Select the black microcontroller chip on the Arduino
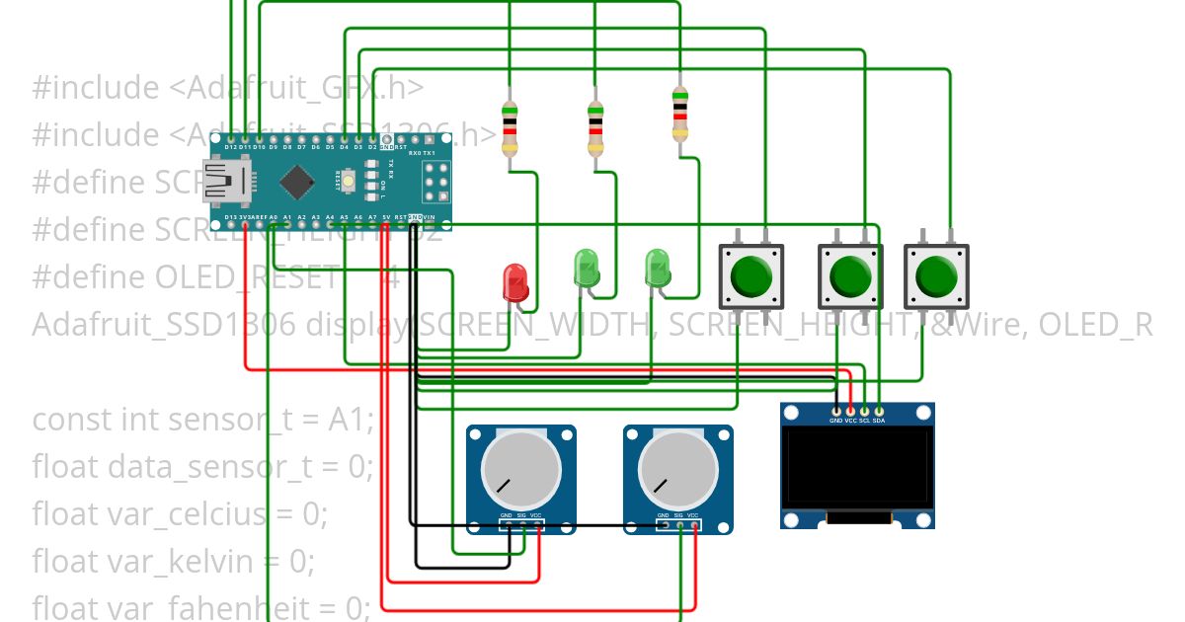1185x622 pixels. pos(296,182)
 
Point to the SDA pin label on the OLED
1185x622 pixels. pos(879,420)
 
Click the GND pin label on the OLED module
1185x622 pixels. pos(835,420)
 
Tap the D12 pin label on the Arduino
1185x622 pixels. pos(230,147)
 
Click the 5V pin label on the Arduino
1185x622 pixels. pos(386,217)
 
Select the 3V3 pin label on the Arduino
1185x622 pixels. pos(245,217)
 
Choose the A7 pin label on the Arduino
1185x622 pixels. pos(372,217)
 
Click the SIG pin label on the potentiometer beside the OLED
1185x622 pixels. pos(678,515)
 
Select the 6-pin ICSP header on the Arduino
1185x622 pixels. pos(436,182)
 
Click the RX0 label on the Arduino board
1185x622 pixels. pos(415,153)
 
